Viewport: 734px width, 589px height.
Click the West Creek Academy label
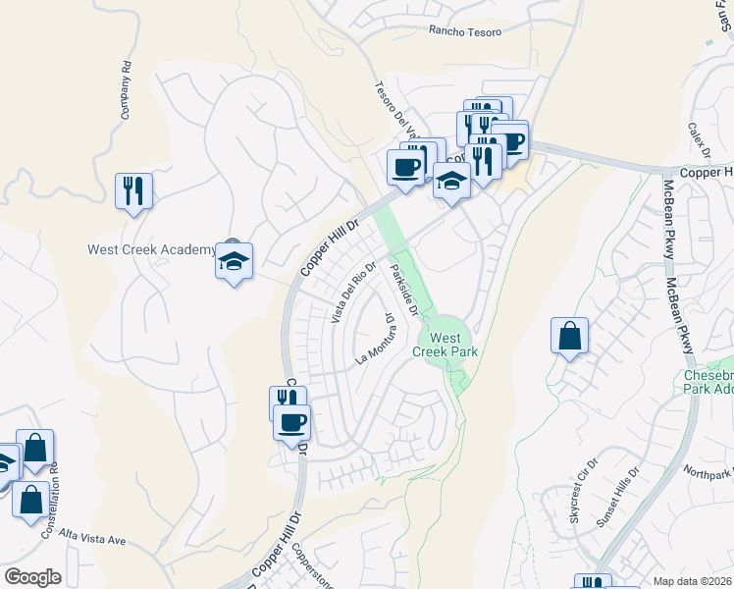pos(151,249)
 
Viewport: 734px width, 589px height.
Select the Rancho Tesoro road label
pos(465,31)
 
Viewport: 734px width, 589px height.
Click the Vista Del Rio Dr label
pos(353,294)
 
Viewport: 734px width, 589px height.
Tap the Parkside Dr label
pos(405,290)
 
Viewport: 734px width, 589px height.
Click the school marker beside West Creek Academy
pos(234,262)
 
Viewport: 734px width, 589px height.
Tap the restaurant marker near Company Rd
pos(134,189)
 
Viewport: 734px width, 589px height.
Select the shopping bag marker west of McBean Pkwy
pos(569,337)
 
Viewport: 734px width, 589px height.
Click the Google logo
pos(31,577)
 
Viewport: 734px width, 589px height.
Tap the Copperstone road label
pos(313,568)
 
